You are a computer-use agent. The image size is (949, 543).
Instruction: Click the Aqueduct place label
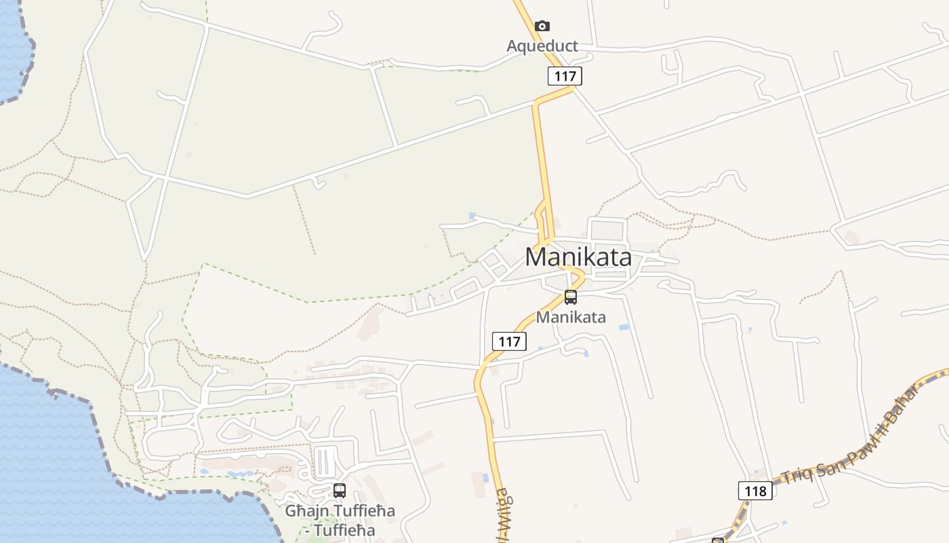542,46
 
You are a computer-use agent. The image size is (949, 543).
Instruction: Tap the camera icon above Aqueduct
542,26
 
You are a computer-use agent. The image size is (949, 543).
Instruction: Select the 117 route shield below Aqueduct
565,76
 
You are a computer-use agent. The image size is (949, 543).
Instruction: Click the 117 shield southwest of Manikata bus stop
509,341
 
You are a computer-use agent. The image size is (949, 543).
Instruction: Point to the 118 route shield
754,491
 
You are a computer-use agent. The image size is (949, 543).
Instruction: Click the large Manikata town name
578,257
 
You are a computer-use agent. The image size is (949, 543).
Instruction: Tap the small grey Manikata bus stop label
571,317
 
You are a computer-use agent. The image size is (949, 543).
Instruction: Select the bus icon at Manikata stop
571,297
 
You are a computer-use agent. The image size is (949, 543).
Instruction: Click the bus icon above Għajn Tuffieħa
340,490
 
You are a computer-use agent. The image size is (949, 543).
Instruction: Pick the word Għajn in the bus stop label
302,511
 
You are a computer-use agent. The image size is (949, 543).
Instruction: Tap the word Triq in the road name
795,474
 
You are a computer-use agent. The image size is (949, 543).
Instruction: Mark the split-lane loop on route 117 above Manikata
544,221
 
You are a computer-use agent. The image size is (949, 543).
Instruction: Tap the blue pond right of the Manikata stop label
624,327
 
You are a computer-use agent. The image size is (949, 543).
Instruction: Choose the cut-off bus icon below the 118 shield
718,540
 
